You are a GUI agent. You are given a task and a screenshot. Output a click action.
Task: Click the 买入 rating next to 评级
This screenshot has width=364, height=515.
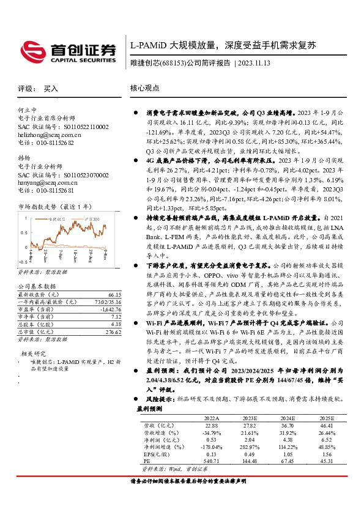pyautogui.click(x=51, y=89)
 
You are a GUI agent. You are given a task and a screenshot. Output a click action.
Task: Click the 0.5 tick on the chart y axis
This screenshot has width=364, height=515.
pyautogui.click(x=22, y=232)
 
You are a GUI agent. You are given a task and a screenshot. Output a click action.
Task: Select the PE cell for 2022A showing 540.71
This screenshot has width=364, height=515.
pyautogui.click(x=211, y=461)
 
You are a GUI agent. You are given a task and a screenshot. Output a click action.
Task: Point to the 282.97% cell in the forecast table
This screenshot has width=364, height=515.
pyautogui.click(x=249, y=446)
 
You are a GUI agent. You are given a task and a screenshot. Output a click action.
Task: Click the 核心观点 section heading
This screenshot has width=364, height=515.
pyautogui.click(x=145, y=88)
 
